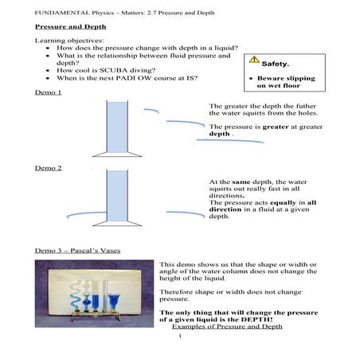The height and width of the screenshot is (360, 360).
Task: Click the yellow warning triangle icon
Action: (254, 60)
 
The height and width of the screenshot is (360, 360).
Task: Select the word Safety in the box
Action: (275, 64)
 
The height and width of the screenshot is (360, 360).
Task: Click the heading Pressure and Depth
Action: (71, 27)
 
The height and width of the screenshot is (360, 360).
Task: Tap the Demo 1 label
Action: (49, 92)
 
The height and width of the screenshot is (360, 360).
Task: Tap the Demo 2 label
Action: (49, 168)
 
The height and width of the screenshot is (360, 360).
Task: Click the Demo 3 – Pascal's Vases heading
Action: (77, 251)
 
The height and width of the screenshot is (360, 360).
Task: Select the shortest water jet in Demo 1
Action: (151, 110)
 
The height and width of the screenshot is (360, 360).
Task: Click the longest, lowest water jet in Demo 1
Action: (230, 140)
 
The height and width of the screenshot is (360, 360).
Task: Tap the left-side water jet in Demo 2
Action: (86, 213)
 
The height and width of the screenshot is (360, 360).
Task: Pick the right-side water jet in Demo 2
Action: (186, 213)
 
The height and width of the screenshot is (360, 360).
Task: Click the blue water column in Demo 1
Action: (117, 127)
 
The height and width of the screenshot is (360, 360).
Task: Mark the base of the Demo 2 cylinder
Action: (117, 224)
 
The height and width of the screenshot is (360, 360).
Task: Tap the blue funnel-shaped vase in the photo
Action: (114, 302)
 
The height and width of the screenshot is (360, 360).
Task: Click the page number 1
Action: (180, 336)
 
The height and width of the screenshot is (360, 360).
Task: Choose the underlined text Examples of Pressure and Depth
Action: (227, 327)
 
